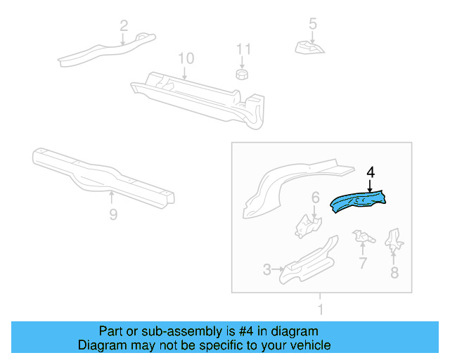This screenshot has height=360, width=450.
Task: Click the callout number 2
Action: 124,26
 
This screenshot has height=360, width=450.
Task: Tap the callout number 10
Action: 185,58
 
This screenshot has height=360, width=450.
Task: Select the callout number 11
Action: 243,49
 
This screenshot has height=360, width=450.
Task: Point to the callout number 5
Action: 313,25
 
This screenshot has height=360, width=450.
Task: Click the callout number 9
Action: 113,214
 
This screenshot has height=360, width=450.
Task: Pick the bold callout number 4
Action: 371,171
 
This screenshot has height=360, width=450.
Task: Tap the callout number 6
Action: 316,198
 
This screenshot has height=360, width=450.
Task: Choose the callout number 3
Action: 266,269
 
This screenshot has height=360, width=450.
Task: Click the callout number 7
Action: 362,263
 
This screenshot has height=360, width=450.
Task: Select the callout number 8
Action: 394,272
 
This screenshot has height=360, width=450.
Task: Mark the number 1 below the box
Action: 321,309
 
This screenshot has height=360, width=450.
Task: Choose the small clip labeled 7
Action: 364,236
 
